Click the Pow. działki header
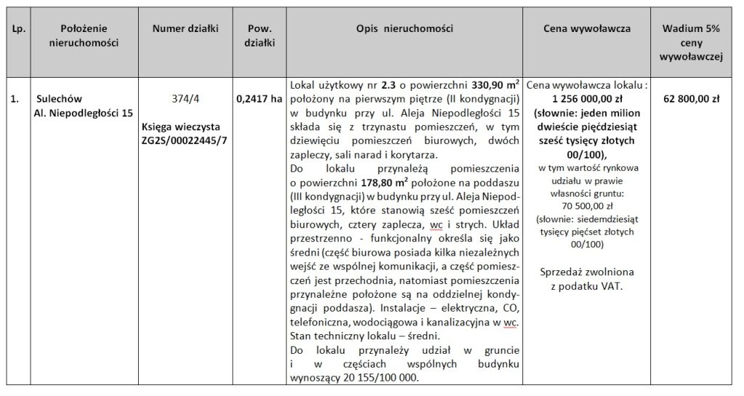pyautogui.click(x=259, y=35)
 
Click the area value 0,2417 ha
pyautogui.click(x=259, y=99)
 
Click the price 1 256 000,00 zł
pyautogui.click(x=587, y=98)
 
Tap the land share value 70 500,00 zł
pyautogui.click(x=586, y=206)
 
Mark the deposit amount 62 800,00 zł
pyautogui.click(x=691, y=99)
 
